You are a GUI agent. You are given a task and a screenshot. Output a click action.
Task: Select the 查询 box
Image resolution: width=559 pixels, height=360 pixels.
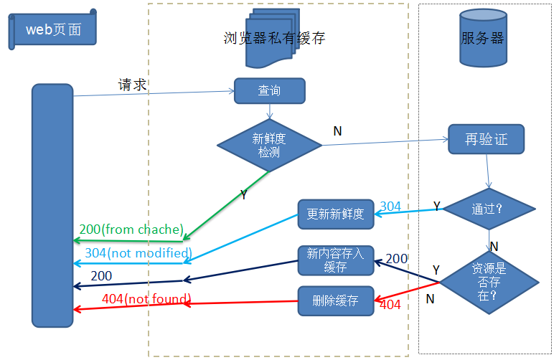coord(269,91)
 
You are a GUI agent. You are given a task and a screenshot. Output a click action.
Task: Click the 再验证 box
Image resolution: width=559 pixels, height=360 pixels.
coord(486,139)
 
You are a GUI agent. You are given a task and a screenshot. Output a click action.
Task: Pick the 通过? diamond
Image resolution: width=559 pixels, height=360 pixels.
coord(489,209)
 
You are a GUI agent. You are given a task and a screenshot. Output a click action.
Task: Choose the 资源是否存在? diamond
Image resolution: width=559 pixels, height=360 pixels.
coord(489,281)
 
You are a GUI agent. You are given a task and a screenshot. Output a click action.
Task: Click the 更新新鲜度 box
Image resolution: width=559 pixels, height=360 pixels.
coord(335,214)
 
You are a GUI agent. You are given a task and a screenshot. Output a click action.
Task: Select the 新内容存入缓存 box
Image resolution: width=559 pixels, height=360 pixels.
coord(335,260)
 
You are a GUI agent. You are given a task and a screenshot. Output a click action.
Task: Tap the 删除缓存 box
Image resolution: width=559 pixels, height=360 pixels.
coord(335,300)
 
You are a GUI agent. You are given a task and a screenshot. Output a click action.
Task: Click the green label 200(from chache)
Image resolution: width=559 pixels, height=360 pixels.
coord(131,229)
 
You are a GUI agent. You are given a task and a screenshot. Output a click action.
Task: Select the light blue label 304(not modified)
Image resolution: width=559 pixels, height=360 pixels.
coord(138,252)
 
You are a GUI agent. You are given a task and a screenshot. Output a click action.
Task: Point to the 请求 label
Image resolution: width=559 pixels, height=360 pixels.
coord(133,85)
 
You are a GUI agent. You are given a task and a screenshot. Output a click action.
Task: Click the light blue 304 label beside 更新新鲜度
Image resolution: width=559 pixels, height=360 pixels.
coord(390,207)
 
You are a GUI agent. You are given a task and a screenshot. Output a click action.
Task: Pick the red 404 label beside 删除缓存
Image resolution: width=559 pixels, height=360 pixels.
coord(390,305)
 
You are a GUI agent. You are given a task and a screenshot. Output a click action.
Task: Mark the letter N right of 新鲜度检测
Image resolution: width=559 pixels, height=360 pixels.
coord(337,131)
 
